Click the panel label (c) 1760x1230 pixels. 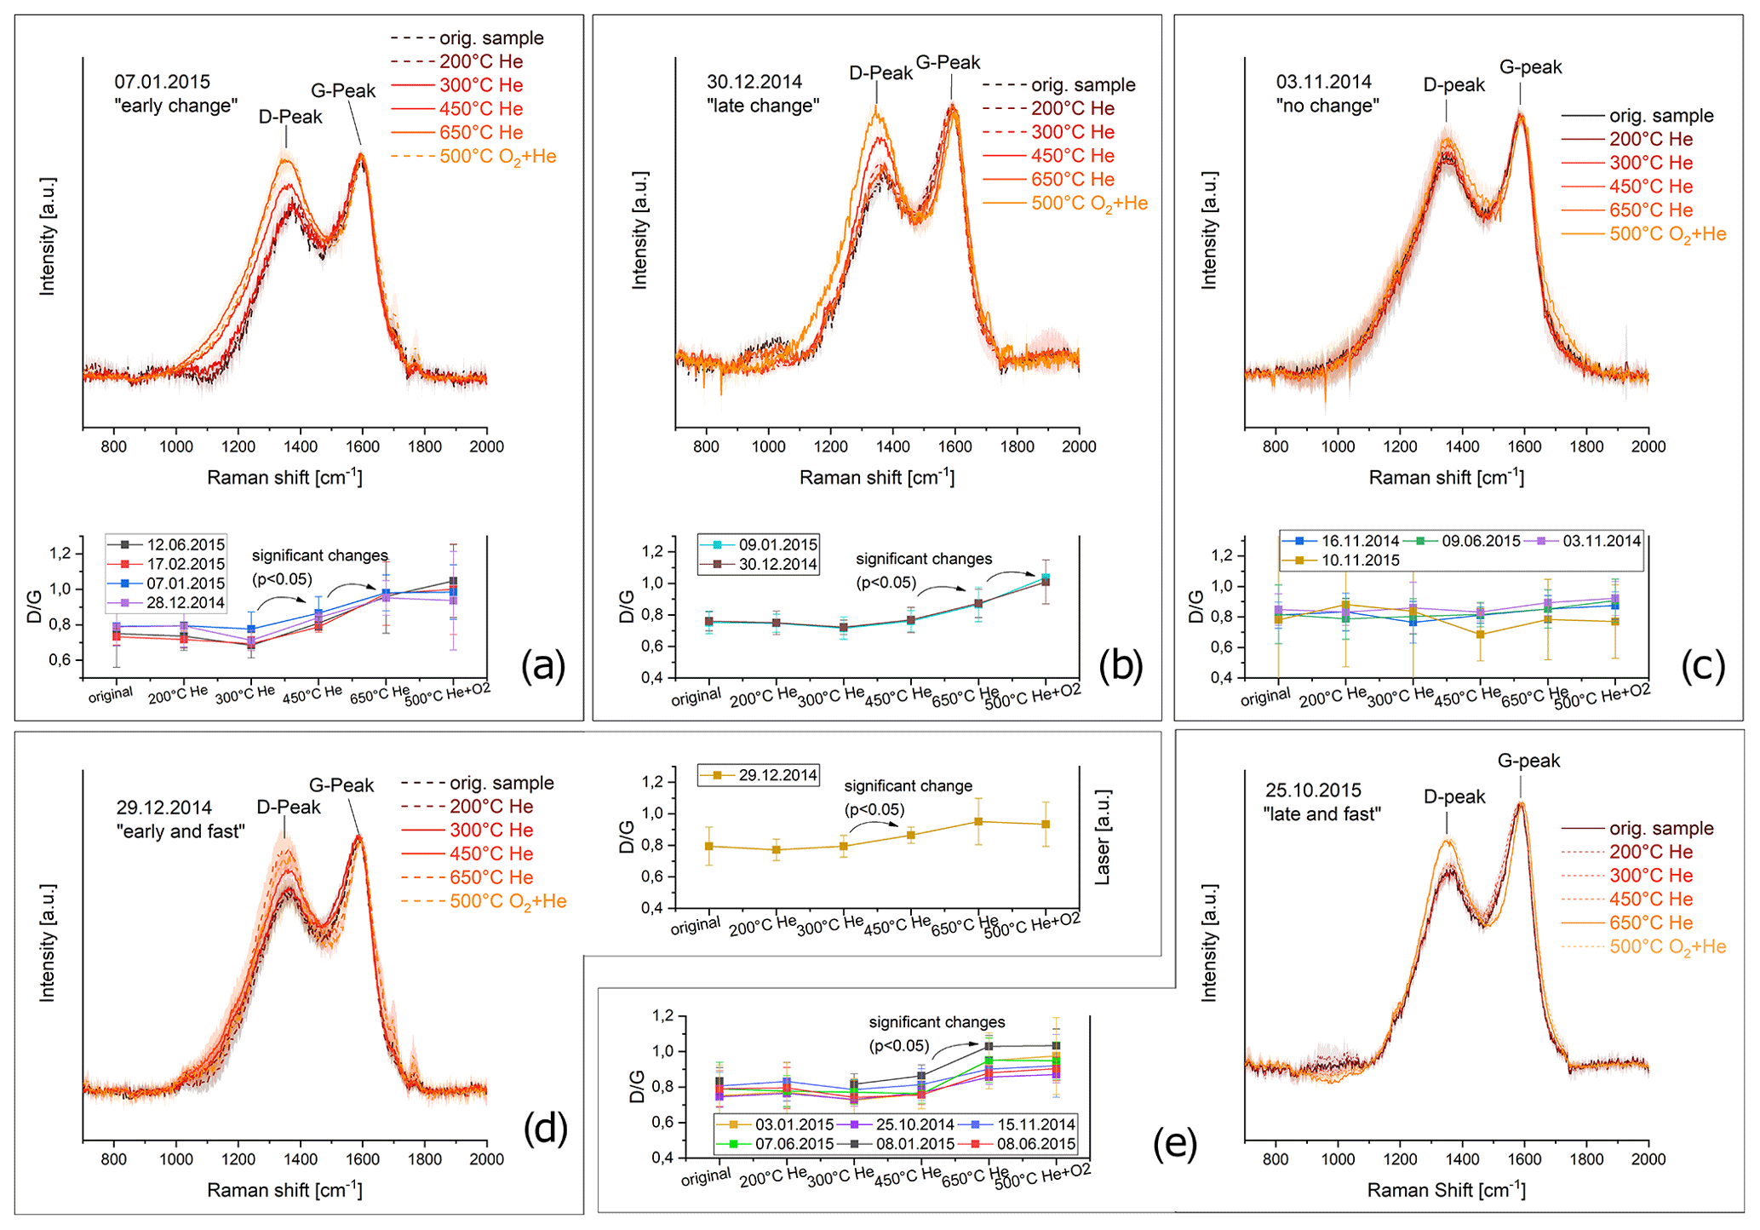pos(1702,665)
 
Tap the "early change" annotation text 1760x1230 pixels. pos(176,106)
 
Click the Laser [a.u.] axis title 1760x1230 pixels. pos(1103,837)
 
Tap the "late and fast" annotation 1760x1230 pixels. pos(1321,813)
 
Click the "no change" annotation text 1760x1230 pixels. pos(1327,106)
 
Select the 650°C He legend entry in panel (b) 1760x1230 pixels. pos(1072,179)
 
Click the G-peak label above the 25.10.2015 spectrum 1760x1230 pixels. pos(1528,761)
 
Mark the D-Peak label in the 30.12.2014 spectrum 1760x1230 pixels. pos(880,73)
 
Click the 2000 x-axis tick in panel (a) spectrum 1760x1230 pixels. pos(486,446)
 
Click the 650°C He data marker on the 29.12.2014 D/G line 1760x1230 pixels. pos(978,821)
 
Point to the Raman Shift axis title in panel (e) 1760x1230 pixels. pos(1446,1190)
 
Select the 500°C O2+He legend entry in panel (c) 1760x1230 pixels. pos(1666,234)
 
